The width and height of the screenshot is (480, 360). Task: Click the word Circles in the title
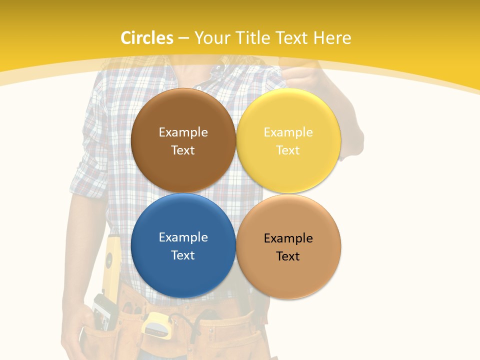point(147,38)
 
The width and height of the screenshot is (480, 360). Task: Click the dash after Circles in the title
point(183,38)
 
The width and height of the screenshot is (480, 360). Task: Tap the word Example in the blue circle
point(183,237)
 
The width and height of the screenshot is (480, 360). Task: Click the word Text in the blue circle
point(183,255)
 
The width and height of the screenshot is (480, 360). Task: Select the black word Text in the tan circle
point(288,256)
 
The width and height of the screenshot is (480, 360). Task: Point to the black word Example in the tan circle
point(288,238)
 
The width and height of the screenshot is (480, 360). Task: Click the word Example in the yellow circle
point(288,132)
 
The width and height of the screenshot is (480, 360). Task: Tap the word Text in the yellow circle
point(288,150)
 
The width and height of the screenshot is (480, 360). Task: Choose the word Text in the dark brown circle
point(183,150)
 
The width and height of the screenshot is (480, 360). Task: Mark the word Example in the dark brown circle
point(183,132)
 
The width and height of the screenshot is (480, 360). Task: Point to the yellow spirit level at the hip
point(111,270)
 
